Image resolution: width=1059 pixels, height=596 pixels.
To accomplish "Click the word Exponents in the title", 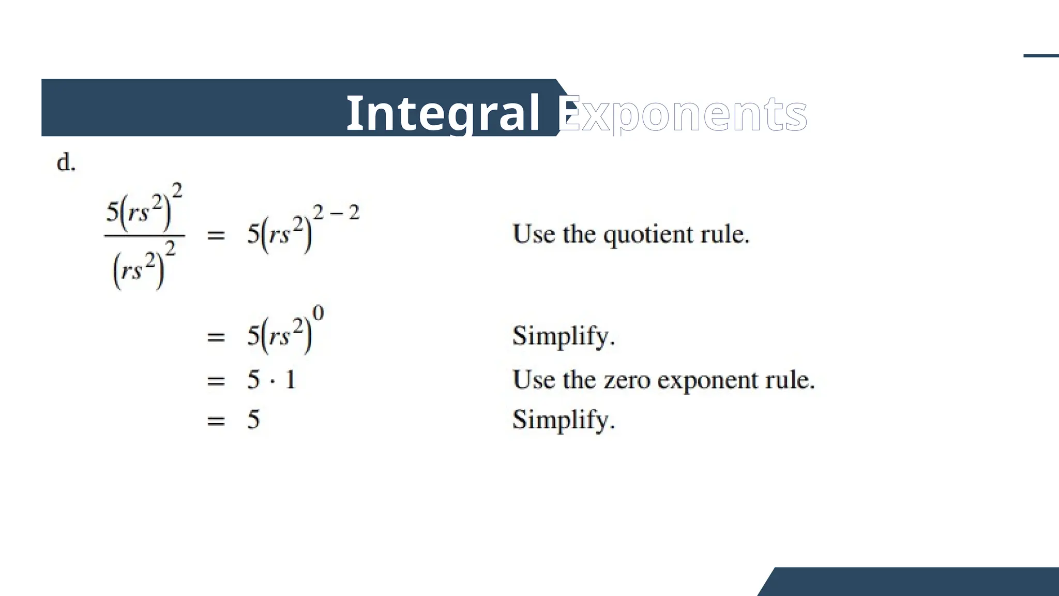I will (683, 114).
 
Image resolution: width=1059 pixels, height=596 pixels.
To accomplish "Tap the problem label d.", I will (66, 163).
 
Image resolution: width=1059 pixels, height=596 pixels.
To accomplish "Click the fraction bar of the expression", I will (144, 236).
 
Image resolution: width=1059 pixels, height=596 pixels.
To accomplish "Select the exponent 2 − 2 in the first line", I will (336, 212).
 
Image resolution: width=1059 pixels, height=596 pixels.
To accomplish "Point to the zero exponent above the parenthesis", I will (319, 313).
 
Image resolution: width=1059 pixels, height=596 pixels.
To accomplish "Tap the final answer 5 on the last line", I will (253, 419).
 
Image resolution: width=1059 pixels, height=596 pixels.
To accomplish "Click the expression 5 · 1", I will (271, 380).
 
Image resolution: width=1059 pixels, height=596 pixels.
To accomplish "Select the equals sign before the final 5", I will (216, 421).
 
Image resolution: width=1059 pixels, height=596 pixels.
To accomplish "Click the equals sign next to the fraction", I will (216, 236).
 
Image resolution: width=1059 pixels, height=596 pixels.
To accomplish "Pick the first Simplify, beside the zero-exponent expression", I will (564, 336).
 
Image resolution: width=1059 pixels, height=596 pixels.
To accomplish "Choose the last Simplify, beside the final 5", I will (564, 420).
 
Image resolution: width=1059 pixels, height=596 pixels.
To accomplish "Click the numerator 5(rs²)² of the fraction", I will (144, 207).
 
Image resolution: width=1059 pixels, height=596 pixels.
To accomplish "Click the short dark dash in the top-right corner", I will (1041, 55).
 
